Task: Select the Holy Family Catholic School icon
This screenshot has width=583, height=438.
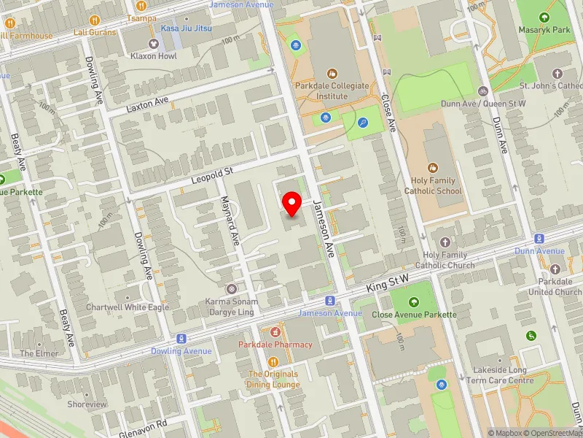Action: click(433, 167)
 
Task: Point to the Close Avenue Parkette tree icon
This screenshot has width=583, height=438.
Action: click(413, 302)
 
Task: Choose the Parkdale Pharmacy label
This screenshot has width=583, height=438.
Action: click(275, 345)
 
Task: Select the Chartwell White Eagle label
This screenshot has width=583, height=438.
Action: click(128, 307)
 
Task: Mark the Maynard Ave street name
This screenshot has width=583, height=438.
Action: click(230, 220)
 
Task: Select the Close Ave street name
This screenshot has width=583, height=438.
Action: click(391, 115)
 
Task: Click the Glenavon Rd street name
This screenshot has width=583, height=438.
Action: click(144, 423)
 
